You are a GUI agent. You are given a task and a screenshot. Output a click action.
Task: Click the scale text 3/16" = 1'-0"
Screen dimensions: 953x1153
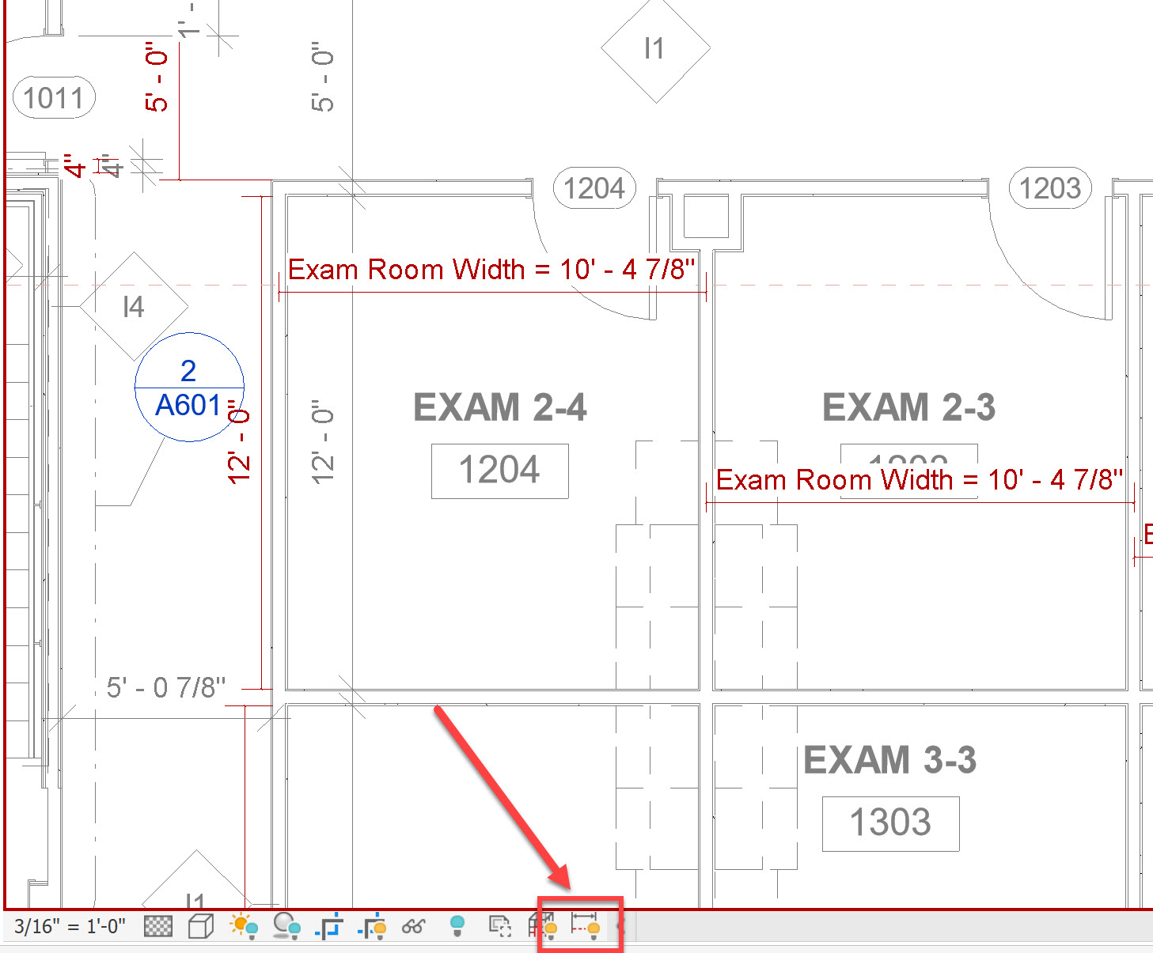click(70, 926)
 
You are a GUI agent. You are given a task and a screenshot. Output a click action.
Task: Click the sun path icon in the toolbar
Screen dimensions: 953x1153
click(244, 925)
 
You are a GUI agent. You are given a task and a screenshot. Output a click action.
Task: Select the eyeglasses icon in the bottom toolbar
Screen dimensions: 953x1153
click(413, 926)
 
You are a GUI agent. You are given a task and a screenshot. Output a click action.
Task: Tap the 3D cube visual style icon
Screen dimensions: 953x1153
click(201, 925)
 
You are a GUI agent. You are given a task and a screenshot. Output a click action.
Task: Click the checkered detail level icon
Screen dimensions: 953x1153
click(158, 925)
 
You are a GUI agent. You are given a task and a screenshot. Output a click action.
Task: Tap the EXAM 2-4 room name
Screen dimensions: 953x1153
click(499, 408)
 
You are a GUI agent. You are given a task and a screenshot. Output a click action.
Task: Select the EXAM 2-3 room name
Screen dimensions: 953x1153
click(908, 408)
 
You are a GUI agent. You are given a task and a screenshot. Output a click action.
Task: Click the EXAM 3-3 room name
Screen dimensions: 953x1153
click(889, 760)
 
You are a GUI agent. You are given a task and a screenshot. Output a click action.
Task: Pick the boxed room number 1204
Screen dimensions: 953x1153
click(499, 471)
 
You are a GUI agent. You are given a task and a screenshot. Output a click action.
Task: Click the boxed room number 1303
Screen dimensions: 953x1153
click(890, 823)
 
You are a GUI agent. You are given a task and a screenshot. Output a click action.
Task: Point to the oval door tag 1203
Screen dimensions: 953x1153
click(1050, 188)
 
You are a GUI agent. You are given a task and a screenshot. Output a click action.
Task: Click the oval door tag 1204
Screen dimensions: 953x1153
click(594, 188)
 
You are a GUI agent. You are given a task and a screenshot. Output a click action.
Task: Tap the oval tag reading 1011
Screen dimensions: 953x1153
click(54, 98)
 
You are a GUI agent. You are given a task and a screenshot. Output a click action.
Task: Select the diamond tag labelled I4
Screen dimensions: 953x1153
click(134, 306)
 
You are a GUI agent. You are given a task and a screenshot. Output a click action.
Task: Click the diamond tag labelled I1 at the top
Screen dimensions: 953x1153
click(654, 49)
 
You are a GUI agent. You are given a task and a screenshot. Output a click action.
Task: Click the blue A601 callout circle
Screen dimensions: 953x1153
click(189, 388)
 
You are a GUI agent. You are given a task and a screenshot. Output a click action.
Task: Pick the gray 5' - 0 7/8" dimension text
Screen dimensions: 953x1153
click(166, 687)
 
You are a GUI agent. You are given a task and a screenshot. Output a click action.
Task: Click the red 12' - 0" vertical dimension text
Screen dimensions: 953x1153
click(239, 443)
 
